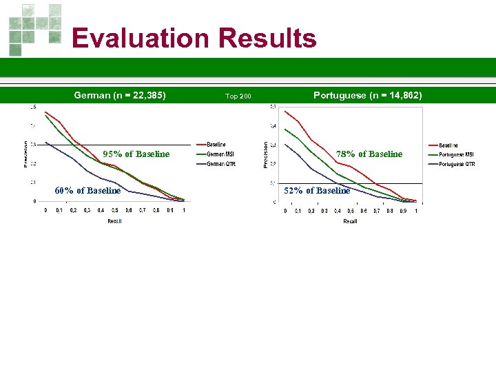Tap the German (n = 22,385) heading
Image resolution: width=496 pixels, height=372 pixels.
point(120,95)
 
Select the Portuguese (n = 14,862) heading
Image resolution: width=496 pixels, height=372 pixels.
point(368,95)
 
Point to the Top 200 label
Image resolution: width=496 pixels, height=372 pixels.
point(238,96)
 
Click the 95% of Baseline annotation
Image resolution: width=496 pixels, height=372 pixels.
point(136,154)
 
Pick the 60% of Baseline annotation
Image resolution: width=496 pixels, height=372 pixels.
point(87,190)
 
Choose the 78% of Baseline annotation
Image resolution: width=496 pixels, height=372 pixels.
point(369,154)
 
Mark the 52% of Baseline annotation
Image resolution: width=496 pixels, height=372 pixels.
point(318,190)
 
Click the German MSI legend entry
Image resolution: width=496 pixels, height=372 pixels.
point(220,154)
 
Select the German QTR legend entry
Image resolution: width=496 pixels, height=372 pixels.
point(220,164)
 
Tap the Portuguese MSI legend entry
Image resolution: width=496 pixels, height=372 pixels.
point(456,154)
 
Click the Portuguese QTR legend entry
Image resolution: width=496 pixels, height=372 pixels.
point(456,164)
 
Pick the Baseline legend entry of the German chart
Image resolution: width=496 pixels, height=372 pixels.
point(216,145)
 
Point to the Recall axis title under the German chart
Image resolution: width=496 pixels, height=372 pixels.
point(114,221)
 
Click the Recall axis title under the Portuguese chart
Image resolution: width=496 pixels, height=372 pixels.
point(350,221)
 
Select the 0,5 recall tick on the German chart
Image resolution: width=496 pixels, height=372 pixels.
point(115,210)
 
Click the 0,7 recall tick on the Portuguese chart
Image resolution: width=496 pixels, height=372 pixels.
point(377,210)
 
